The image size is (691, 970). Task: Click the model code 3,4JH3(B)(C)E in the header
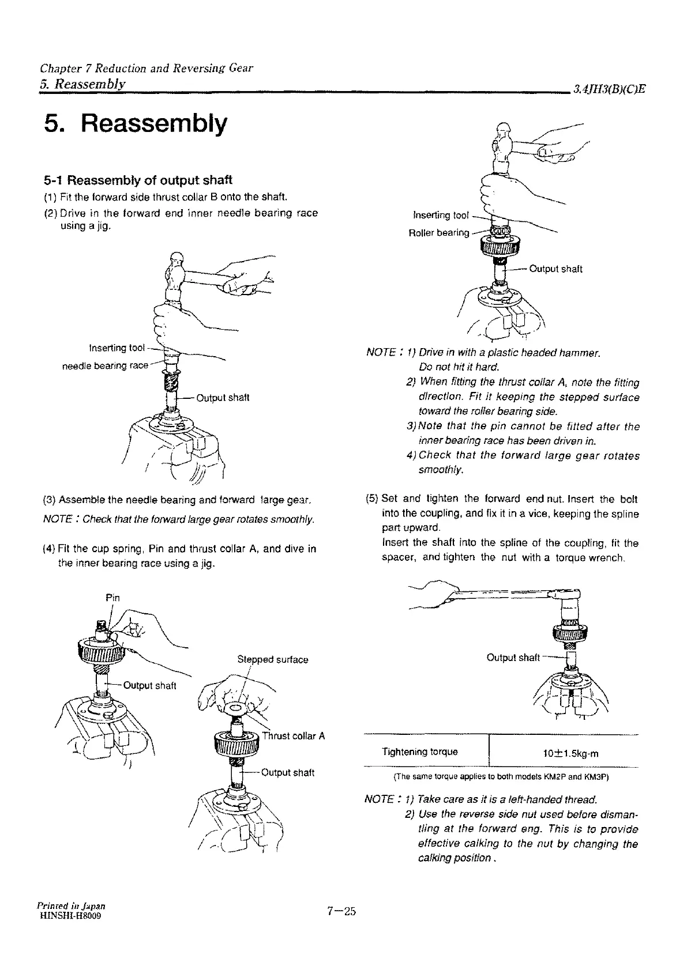(x=609, y=90)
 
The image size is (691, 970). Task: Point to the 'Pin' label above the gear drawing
(x=113, y=597)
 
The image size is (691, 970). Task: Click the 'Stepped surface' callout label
(x=273, y=659)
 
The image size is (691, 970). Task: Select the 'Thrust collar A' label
(x=294, y=736)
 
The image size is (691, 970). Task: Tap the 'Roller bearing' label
(x=438, y=233)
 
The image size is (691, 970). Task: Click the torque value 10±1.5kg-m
(x=565, y=753)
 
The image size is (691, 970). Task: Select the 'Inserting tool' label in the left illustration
(x=117, y=348)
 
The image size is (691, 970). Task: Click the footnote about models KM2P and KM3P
(x=501, y=776)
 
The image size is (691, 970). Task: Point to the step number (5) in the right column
(x=372, y=499)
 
